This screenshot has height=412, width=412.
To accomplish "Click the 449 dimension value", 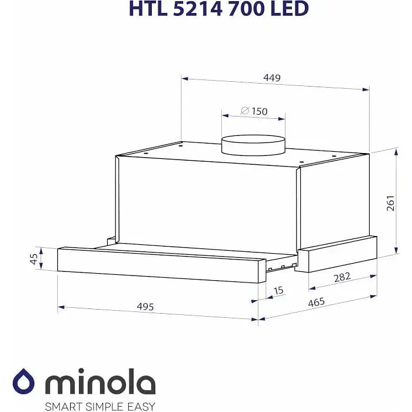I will [272, 78].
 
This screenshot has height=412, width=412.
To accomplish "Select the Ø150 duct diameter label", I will [254, 111].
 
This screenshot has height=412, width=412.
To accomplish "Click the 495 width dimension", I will [145, 307].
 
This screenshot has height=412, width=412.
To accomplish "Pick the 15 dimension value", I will [278, 290].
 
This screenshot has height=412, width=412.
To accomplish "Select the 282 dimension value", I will [342, 277].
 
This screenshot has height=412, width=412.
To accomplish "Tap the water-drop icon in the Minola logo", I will [24, 381].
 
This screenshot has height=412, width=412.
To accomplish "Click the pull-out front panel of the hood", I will [159, 265].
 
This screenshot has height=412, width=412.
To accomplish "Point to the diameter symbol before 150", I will [244, 111].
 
